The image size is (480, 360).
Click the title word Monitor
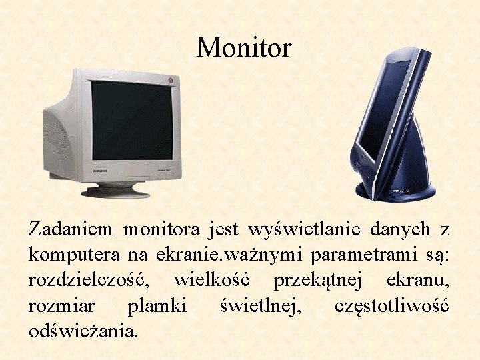pyautogui.click(x=244, y=48)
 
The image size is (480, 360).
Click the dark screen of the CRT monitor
pyautogui.click(x=131, y=120)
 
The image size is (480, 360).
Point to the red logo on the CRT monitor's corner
pyautogui.click(x=171, y=81)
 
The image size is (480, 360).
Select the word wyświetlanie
pyautogui.click(x=304, y=230)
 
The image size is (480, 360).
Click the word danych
pyautogui.click(x=399, y=230)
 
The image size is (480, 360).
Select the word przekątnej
pyautogui.click(x=321, y=281)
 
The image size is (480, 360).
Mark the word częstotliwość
pyautogui.click(x=391, y=306)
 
